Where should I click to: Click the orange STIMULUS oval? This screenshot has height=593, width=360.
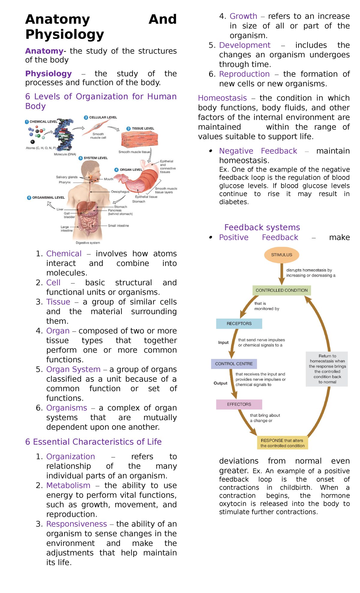tap(281, 255)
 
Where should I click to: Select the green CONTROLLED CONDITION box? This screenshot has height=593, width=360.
tap(281, 290)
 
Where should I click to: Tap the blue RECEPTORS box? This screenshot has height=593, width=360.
tap(239, 324)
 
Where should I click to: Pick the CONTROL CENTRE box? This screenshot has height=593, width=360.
tap(234, 364)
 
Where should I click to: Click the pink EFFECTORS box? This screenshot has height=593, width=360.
tap(239, 404)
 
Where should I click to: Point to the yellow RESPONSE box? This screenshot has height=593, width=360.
tap(282, 443)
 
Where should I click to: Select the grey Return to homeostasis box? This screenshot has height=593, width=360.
tap(327, 369)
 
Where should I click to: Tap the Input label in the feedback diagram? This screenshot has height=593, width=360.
tap(223, 342)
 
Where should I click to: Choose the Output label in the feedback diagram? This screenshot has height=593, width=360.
tap(220, 383)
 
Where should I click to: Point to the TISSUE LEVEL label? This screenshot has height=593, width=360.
tap(142, 128)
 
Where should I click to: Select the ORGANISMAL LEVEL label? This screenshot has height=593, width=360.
tap(48, 197)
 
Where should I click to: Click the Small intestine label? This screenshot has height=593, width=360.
tap(118, 226)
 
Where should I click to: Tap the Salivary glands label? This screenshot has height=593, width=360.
tap(67, 177)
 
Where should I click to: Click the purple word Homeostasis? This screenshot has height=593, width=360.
tap(222, 98)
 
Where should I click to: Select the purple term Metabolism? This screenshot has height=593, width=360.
tap(68, 485)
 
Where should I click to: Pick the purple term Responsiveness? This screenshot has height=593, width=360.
tap(76, 524)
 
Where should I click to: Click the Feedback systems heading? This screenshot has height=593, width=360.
tap(262, 227)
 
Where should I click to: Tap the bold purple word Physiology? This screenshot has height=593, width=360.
tap(48, 74)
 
